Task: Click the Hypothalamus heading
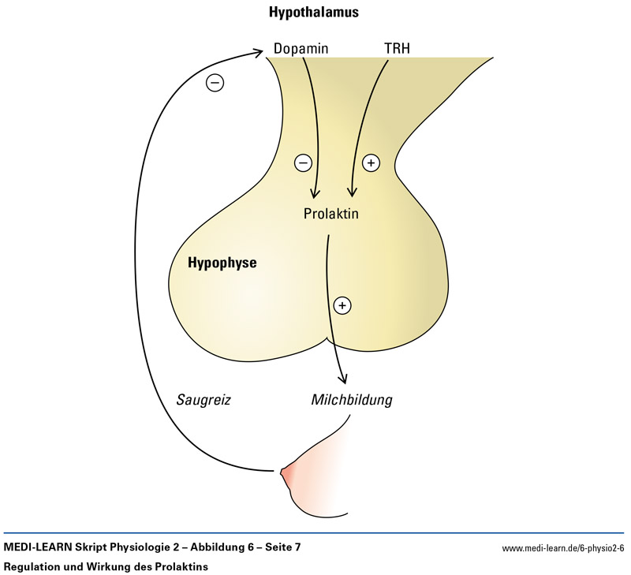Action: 314,13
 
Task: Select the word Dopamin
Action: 301,49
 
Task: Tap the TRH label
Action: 397,49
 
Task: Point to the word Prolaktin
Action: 331,213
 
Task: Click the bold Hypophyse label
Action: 222,263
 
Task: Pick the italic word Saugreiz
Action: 203,399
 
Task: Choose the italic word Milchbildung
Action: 352,399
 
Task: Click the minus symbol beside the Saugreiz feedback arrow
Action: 215,81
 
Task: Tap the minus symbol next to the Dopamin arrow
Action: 303,163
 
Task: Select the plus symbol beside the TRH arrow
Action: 371,163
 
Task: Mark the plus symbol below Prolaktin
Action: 342,304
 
